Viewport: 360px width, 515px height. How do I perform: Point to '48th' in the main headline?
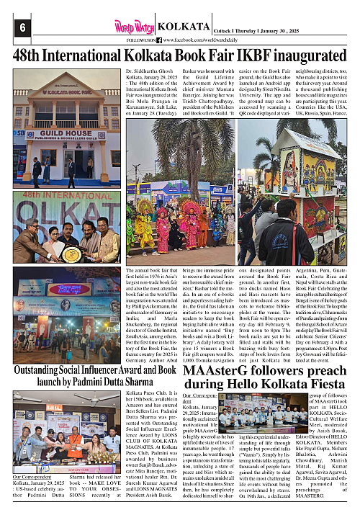(30, 55)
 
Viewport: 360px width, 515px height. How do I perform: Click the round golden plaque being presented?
(69, 253)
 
